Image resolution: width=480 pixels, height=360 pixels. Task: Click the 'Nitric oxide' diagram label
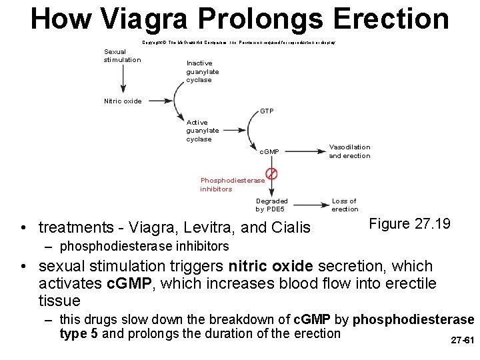[123, 101]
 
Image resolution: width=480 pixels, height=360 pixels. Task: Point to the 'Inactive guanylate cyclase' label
[203, 71]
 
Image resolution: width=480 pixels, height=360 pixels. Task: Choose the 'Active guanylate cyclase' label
[199, 131]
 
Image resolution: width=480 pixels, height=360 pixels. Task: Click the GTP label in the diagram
[267, 111]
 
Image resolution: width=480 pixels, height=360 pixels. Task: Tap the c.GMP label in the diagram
[269, 152]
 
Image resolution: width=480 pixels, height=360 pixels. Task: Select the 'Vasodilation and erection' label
[349, 151]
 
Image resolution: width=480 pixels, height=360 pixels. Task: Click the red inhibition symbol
[271, 174]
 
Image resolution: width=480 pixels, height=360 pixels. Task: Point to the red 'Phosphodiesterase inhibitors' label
[232, 185]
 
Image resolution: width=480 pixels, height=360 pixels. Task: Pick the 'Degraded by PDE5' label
[272, 205]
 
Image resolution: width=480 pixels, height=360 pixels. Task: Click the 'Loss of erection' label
[345, 205]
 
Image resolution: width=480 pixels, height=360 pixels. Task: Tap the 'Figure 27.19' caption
[409, 224]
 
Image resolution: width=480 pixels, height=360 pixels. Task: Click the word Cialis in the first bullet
[290, 228]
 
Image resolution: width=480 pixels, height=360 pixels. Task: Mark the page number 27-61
[462, 340]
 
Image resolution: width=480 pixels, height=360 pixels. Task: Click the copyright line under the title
[238, 42]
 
